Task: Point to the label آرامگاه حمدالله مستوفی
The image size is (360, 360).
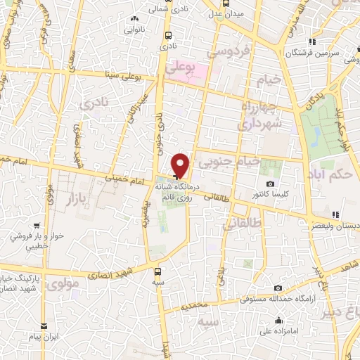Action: [277, 299]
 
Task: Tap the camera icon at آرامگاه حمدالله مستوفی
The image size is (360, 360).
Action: [279, 288]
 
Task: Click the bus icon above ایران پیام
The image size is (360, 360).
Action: [44, 326]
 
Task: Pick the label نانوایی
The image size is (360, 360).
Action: [134, 30]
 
